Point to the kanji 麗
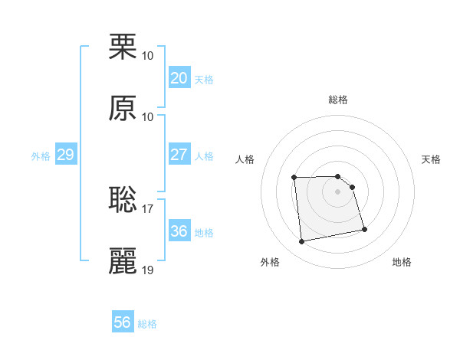click(x=123, y=261)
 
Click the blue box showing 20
click(x=179, y=78)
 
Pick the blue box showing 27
click(x=179, y=155)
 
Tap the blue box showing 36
click(x=179, y=231)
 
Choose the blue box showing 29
click(x=65, y=155)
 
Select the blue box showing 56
click(x=122, y=322)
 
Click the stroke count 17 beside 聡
click(x=148, y=208)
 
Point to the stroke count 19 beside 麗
click(x=148, y=270)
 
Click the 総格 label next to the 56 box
click(x=147, y=324)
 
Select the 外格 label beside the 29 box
click(x=41, y=156)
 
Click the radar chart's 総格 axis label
click(x=338, y=100)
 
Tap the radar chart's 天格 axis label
click(x=432, y=159)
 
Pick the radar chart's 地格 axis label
click(x=402, y=263)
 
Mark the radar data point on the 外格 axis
click(x=302, y=242)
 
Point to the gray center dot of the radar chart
click(x=338, y=191)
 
